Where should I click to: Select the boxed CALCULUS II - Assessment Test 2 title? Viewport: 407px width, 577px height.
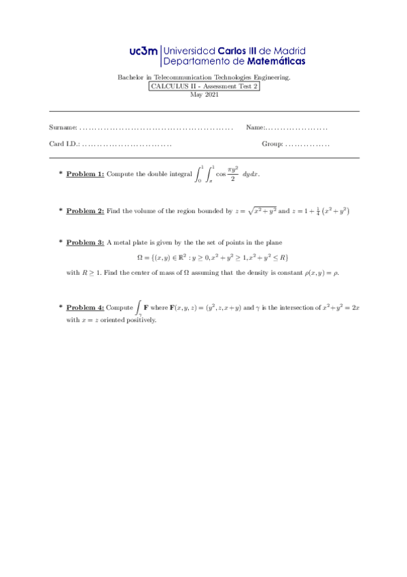pos(205,86)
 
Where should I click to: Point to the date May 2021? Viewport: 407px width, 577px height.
pos(204,95)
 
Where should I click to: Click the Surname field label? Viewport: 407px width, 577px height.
pos(63,128)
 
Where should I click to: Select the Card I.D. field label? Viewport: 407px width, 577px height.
pos(65,144)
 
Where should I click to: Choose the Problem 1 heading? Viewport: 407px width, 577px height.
pos(85,174)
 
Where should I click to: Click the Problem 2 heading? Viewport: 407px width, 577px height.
pos(85,212)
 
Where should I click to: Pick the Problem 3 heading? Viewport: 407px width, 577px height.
pos(85,242)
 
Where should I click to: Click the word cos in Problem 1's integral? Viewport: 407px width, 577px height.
pos(220,174)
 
